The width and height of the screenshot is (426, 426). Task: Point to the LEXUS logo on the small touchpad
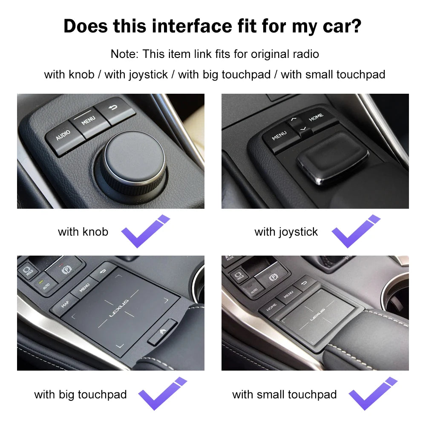click(317, 315)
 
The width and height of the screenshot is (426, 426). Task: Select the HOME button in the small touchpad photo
click(271, 307)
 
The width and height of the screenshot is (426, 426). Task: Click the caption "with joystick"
click(286, 232)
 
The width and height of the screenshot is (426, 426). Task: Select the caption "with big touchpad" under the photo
click(81, 394)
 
